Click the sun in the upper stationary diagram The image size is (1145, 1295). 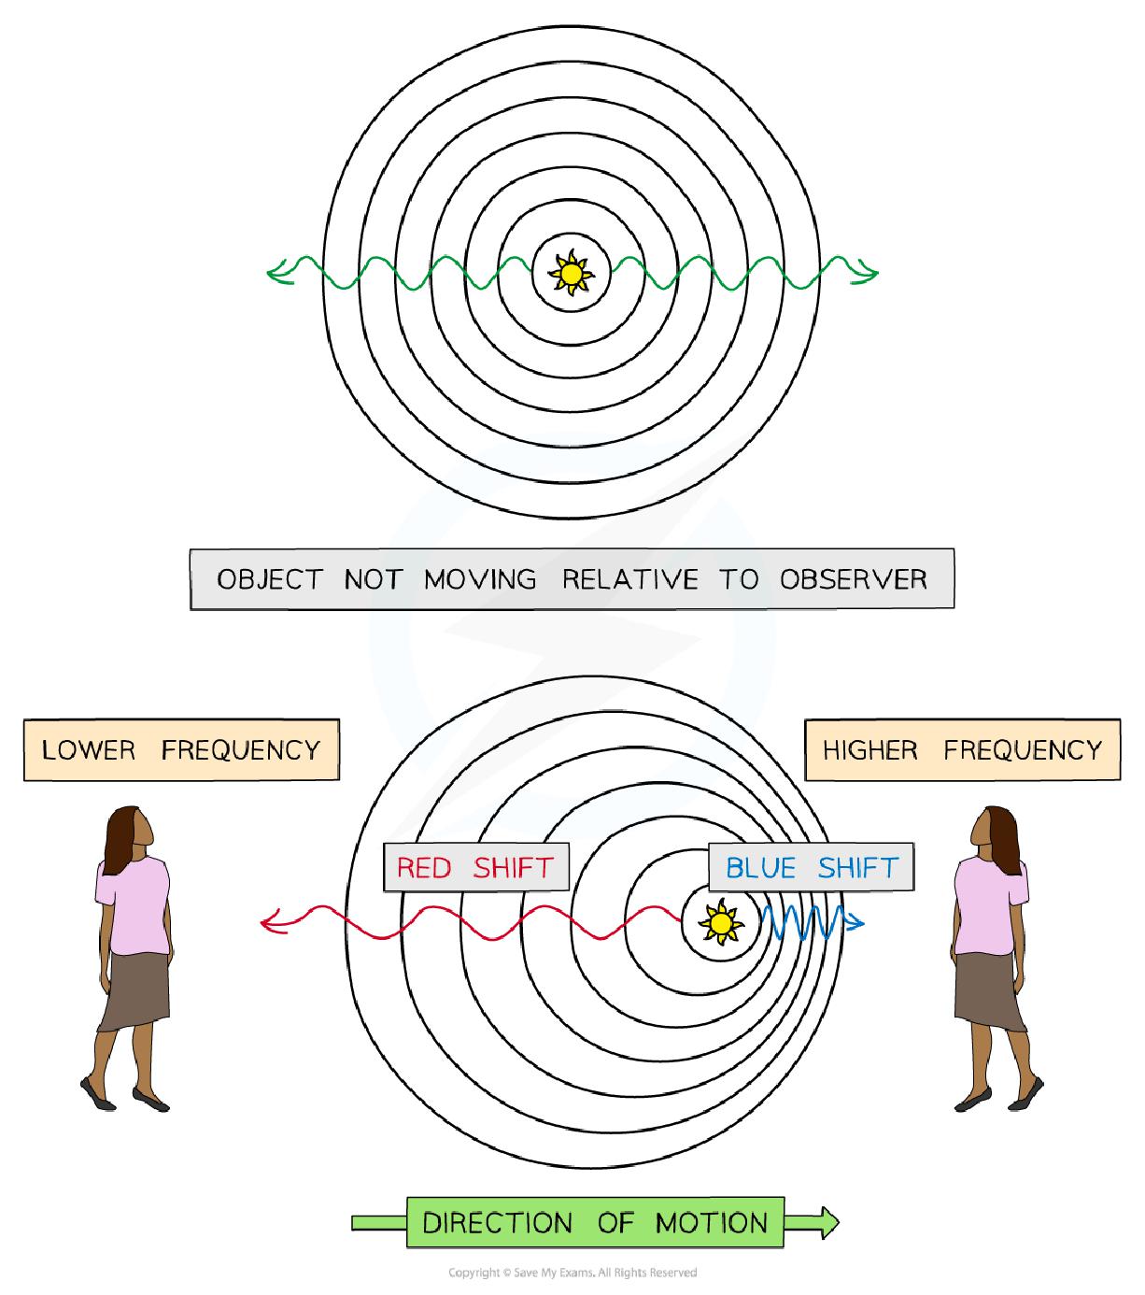(x=571, y=273)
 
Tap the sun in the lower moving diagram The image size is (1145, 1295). (x=720, y=923)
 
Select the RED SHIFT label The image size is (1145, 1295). (x=475, y=868)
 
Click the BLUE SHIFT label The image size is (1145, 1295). (x=811, y=868)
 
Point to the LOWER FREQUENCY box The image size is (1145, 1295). (x=181, y=749)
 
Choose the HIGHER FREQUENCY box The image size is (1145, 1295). (x=962, y=749)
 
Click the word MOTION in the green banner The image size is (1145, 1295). (x=712, y=1222)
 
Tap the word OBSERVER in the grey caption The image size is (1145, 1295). (x=854, y=579)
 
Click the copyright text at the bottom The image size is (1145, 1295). (x=572, y=1272)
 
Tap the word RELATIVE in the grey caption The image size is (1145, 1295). (x=629, y=579)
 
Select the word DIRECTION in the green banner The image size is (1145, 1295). (x=497, y=1222)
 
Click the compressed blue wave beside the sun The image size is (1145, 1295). (x=801, y=922)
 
